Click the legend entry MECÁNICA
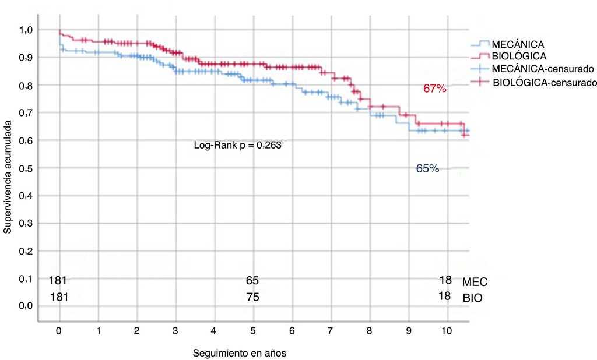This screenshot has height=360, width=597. click(518, 44)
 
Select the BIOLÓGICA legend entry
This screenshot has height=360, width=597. click(519, 57)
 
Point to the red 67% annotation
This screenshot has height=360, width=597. click(434, 89)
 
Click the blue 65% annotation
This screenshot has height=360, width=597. click(427, 169)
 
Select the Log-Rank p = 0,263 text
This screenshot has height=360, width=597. click(237, 146)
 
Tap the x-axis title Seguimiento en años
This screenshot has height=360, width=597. click(240, 353)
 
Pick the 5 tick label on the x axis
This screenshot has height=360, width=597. click(253, 330)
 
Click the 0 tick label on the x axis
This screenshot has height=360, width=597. click(59, 330)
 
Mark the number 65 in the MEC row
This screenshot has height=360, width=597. click(252, 281)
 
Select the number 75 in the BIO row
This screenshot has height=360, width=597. click(252, 297)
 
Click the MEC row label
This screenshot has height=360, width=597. click(475, 283)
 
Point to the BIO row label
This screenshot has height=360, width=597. click(473, 298)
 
